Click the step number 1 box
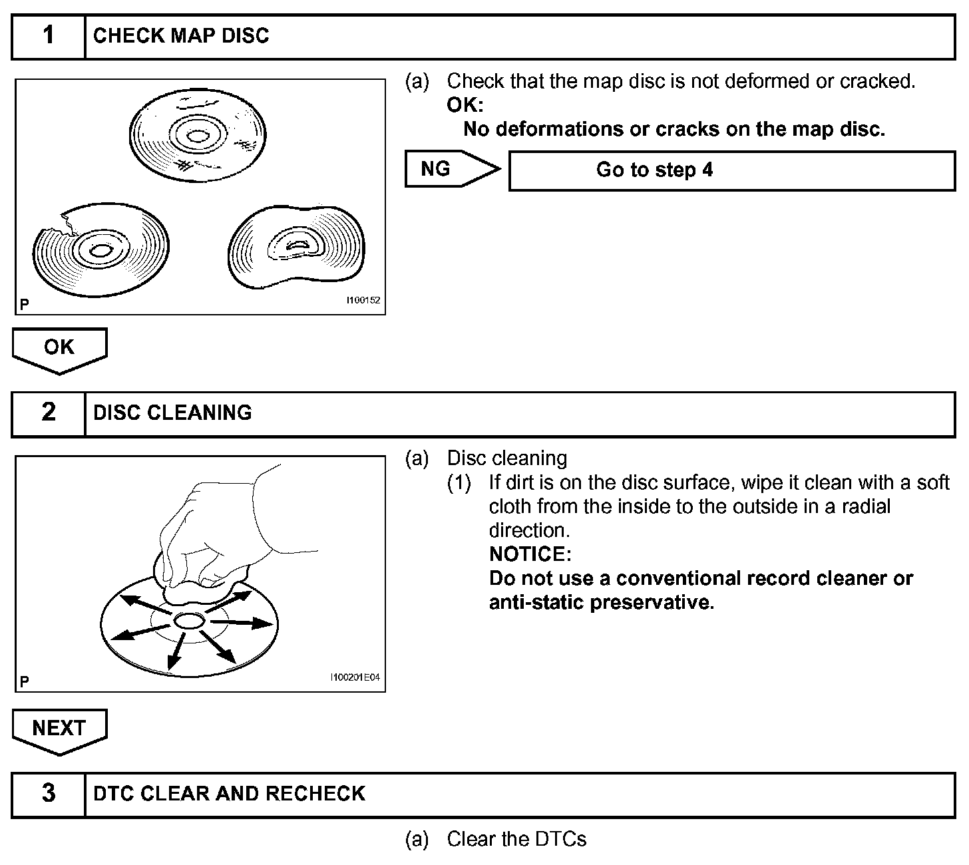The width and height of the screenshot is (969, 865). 49,36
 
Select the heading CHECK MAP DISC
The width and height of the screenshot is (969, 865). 181,36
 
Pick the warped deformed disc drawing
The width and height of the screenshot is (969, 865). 296,248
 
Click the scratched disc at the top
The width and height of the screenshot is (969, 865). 198,137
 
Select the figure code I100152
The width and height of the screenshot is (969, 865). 362,301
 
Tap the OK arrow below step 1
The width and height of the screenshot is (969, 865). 59,348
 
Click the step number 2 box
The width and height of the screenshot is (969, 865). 49,413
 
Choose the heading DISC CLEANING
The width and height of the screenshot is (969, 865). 172,413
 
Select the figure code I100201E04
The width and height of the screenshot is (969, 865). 355,678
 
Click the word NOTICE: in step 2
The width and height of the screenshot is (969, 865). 530,554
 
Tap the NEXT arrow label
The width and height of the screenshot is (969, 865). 59,729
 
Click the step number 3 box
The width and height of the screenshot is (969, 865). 49,794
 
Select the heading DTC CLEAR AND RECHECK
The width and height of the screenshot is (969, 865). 230,794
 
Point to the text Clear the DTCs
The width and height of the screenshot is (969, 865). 516,840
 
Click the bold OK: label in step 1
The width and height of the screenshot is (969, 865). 465,105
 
